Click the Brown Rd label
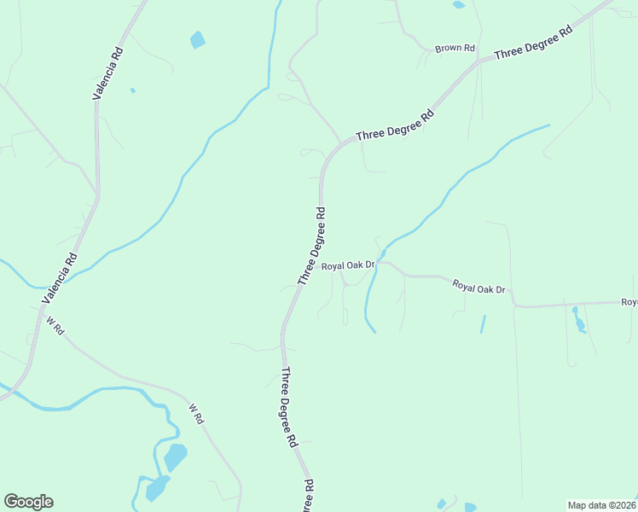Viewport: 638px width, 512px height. click(x=455, y=49)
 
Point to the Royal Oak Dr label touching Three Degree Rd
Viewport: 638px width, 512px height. click(x=348, y=266)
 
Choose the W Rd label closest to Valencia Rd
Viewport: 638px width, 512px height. click(x=55, y=326)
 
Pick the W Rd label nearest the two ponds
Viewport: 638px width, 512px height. click(x=196, y=415)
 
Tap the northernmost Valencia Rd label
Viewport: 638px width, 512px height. click(x=108, y=75)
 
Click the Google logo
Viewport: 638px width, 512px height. click(x=28, y=502)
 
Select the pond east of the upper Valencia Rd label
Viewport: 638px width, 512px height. click(x=198, y=39)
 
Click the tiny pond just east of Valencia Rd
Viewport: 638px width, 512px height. click(x=132, y=90)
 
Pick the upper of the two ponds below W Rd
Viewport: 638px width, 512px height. click(x=175, y=457)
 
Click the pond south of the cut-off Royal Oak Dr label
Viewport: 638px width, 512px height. click(x=579, y=319)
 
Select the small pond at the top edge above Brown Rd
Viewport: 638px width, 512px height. click(x=459, y=4)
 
